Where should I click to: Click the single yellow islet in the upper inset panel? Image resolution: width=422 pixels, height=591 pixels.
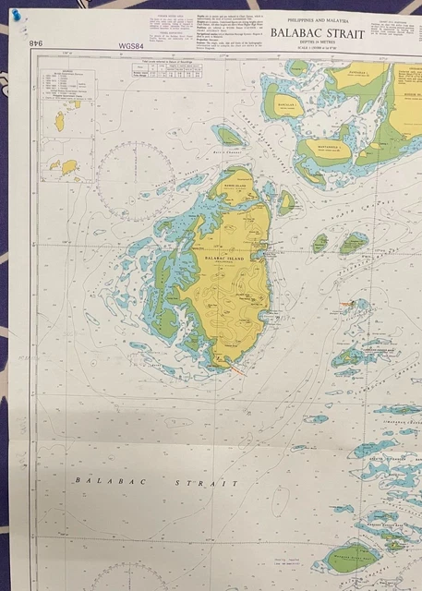pos(60,121)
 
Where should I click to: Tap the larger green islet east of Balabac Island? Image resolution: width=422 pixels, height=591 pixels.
pos(354,243)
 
